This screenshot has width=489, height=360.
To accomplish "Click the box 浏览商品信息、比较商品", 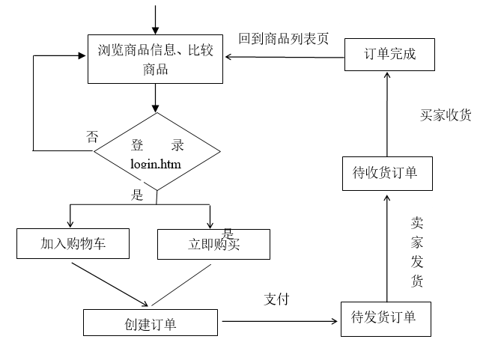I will coord(155,59).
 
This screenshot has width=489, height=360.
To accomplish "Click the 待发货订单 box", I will coord(384,318).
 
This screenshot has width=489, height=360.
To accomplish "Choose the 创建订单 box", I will coord(150,323).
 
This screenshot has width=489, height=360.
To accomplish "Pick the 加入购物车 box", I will coord(73,244).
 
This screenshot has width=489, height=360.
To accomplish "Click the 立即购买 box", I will coord(213,245).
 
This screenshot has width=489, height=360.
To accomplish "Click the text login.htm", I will coord(156,163).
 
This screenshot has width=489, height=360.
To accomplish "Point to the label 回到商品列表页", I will coord(284,39).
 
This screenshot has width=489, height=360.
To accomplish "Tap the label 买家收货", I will coord(446,115).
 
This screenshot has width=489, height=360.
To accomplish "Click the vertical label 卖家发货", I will coord(417,252).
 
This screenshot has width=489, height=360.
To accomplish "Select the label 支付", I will coord(276,299).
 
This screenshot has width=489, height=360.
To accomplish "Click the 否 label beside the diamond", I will coord(92,136).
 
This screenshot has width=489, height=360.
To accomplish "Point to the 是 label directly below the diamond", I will coord(137,195).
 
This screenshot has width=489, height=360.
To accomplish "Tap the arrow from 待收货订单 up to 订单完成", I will coord(387,112).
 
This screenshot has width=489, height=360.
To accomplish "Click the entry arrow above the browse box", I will coord(155,19).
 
